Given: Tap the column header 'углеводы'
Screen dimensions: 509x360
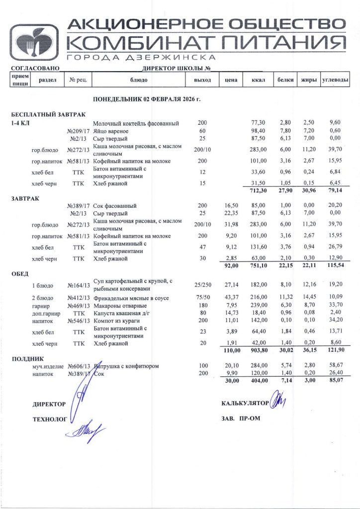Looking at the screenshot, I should coord(335,80).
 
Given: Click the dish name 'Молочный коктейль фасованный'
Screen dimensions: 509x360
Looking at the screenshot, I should coord(136,123).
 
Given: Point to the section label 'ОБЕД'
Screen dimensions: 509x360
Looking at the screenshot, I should coord(20,273).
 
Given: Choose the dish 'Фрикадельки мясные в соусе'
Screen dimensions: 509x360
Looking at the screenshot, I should coord(130,298).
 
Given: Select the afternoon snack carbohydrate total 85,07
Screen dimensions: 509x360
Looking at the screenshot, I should coord(335,381).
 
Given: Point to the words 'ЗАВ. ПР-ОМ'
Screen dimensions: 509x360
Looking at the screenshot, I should coord(241,418).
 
